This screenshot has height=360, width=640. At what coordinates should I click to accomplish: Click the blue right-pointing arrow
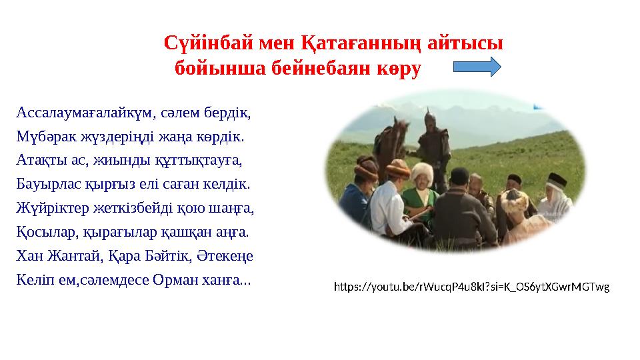click(x=477, y=67)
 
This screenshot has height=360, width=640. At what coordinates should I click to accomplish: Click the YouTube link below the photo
click(x=471, y=287)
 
